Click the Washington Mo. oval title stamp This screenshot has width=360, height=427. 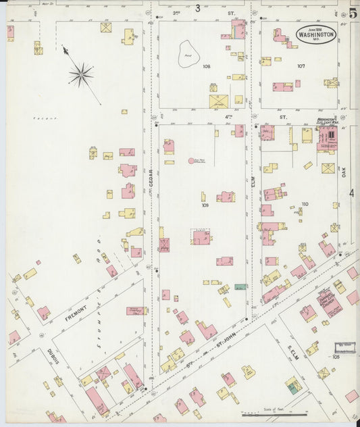point(315,34)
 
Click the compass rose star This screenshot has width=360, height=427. point(81,74)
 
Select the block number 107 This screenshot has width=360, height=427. point(301,66)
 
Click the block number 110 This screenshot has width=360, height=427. point(305,203)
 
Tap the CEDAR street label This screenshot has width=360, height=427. point(151,178)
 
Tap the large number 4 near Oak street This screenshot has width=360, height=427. point(352,193)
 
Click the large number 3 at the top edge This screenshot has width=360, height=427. point(198,8)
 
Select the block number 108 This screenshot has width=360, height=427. point(206,66)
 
